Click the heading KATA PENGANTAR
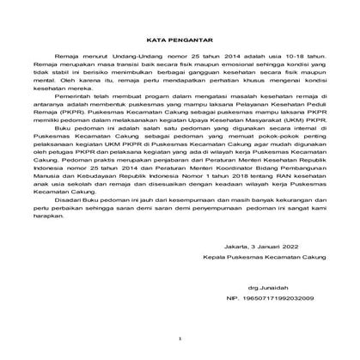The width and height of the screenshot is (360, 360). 180,39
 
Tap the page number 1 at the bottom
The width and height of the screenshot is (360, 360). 180,339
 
